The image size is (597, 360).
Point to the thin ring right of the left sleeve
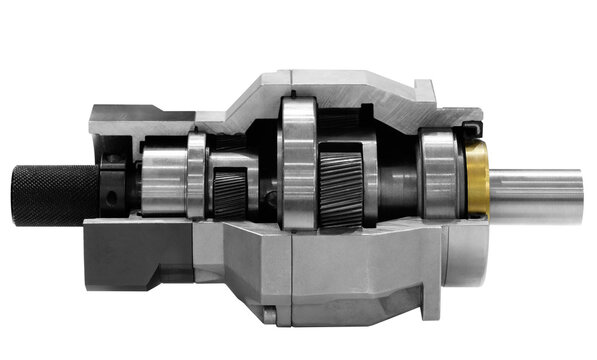(x=197, y=176)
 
